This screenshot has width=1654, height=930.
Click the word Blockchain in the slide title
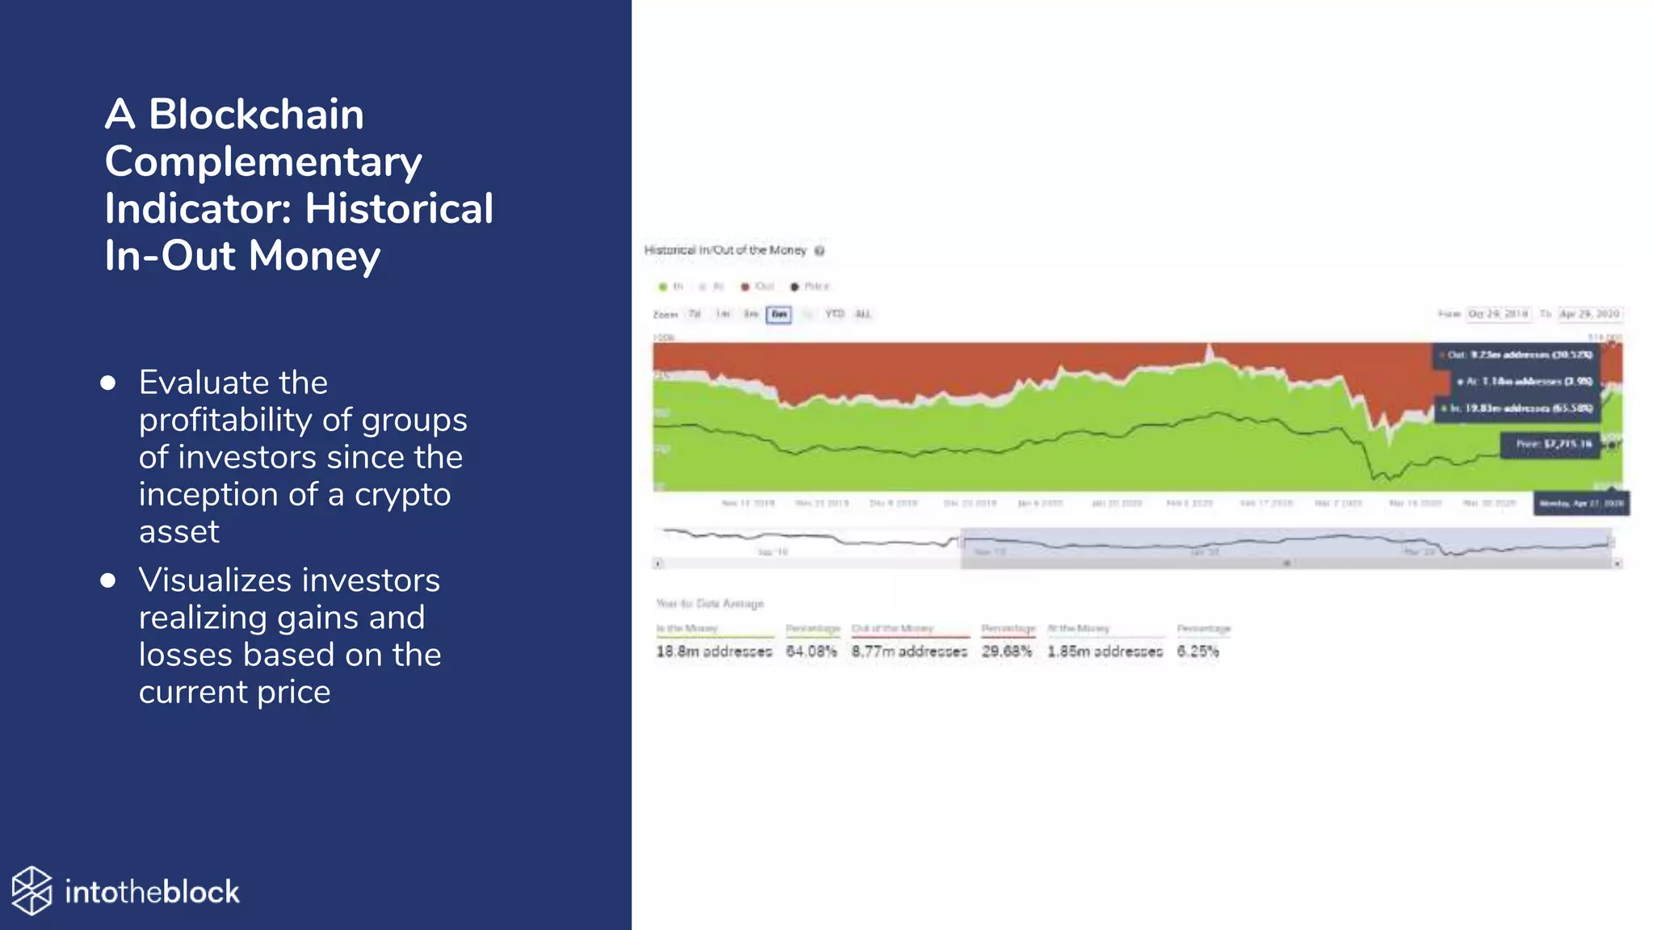click(x=256, y=115)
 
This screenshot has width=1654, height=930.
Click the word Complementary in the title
click(x=263, y=161)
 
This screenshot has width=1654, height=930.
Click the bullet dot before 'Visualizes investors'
click(x=108, y=580)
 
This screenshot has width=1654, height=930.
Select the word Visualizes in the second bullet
click(x=214, y=580)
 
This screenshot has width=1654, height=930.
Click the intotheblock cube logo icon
click(x=32, y=891)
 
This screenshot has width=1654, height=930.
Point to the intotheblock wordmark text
click(x=152, y=892)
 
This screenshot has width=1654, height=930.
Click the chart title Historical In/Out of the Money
click(x=724, y=250)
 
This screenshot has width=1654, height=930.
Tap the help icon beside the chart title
click(x=819, y=251)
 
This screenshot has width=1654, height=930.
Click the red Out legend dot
click(x=745, y=287)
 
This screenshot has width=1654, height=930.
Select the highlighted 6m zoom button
click(x=779, y=314)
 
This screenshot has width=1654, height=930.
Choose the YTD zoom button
click(x=834, y=314)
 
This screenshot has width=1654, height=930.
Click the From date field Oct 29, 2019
click(x=1497, y=314)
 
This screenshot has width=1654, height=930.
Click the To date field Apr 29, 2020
click(x=1589, y=314)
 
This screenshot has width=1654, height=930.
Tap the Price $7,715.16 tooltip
click(x=1550, y=444)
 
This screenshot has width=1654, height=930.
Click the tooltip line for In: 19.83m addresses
click(x=1518, y=408)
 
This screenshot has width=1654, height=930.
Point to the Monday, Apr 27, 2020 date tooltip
click(x=1581, y=504)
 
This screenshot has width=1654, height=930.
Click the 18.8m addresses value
click(x=713, y=651)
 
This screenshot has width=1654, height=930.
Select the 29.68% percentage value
click(x=1006, y=651)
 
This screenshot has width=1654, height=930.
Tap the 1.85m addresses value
click(x=1104, y=651)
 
